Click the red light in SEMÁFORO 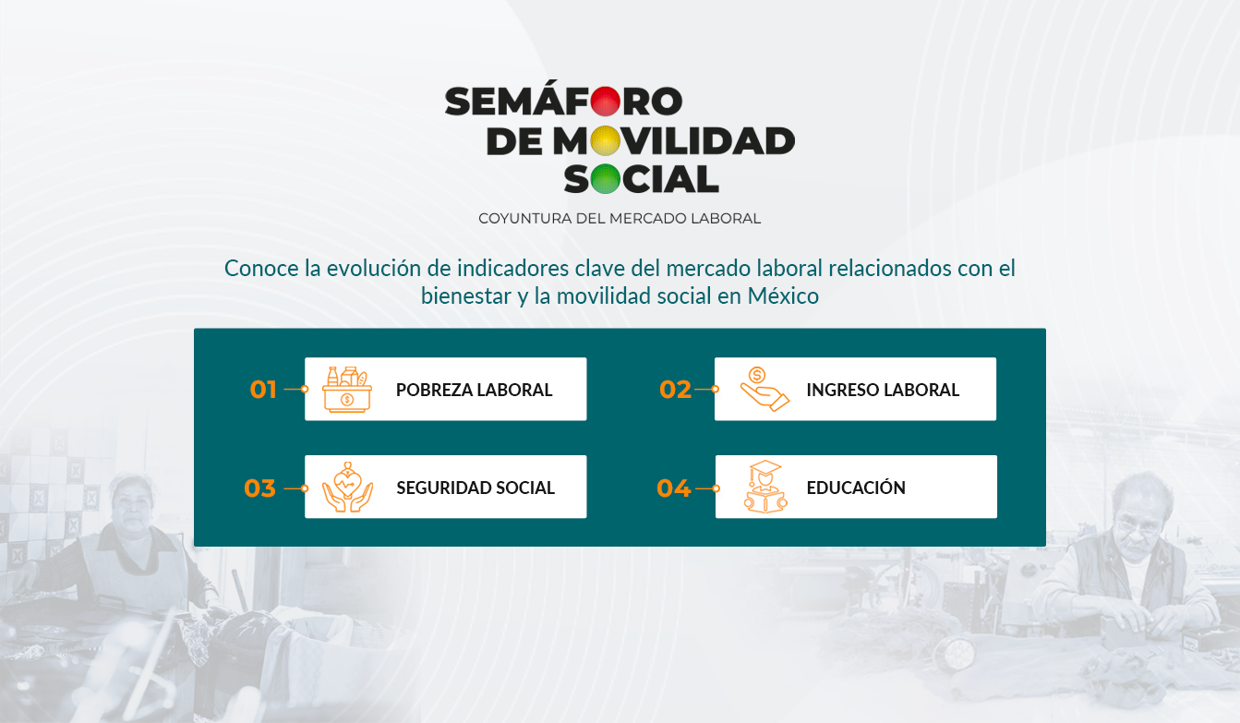[605, 102]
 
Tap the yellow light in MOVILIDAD [605, 140]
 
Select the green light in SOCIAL [605, 179]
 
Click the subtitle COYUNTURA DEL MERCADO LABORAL [620, 219]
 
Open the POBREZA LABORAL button [446, 389]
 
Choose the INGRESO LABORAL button [855, 389]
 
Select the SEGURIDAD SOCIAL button [446, 487]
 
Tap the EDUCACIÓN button [856, 487]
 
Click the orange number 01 [263, 389]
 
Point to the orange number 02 [675, 389]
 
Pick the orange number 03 [259, 488]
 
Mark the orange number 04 [674, 488]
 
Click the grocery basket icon [347, 389]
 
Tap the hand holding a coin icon [764, 389]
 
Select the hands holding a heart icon [348, 488]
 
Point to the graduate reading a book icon [765, 487]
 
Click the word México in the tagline [783, 296]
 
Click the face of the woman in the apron [132, 507]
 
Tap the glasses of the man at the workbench [1137, 525]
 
